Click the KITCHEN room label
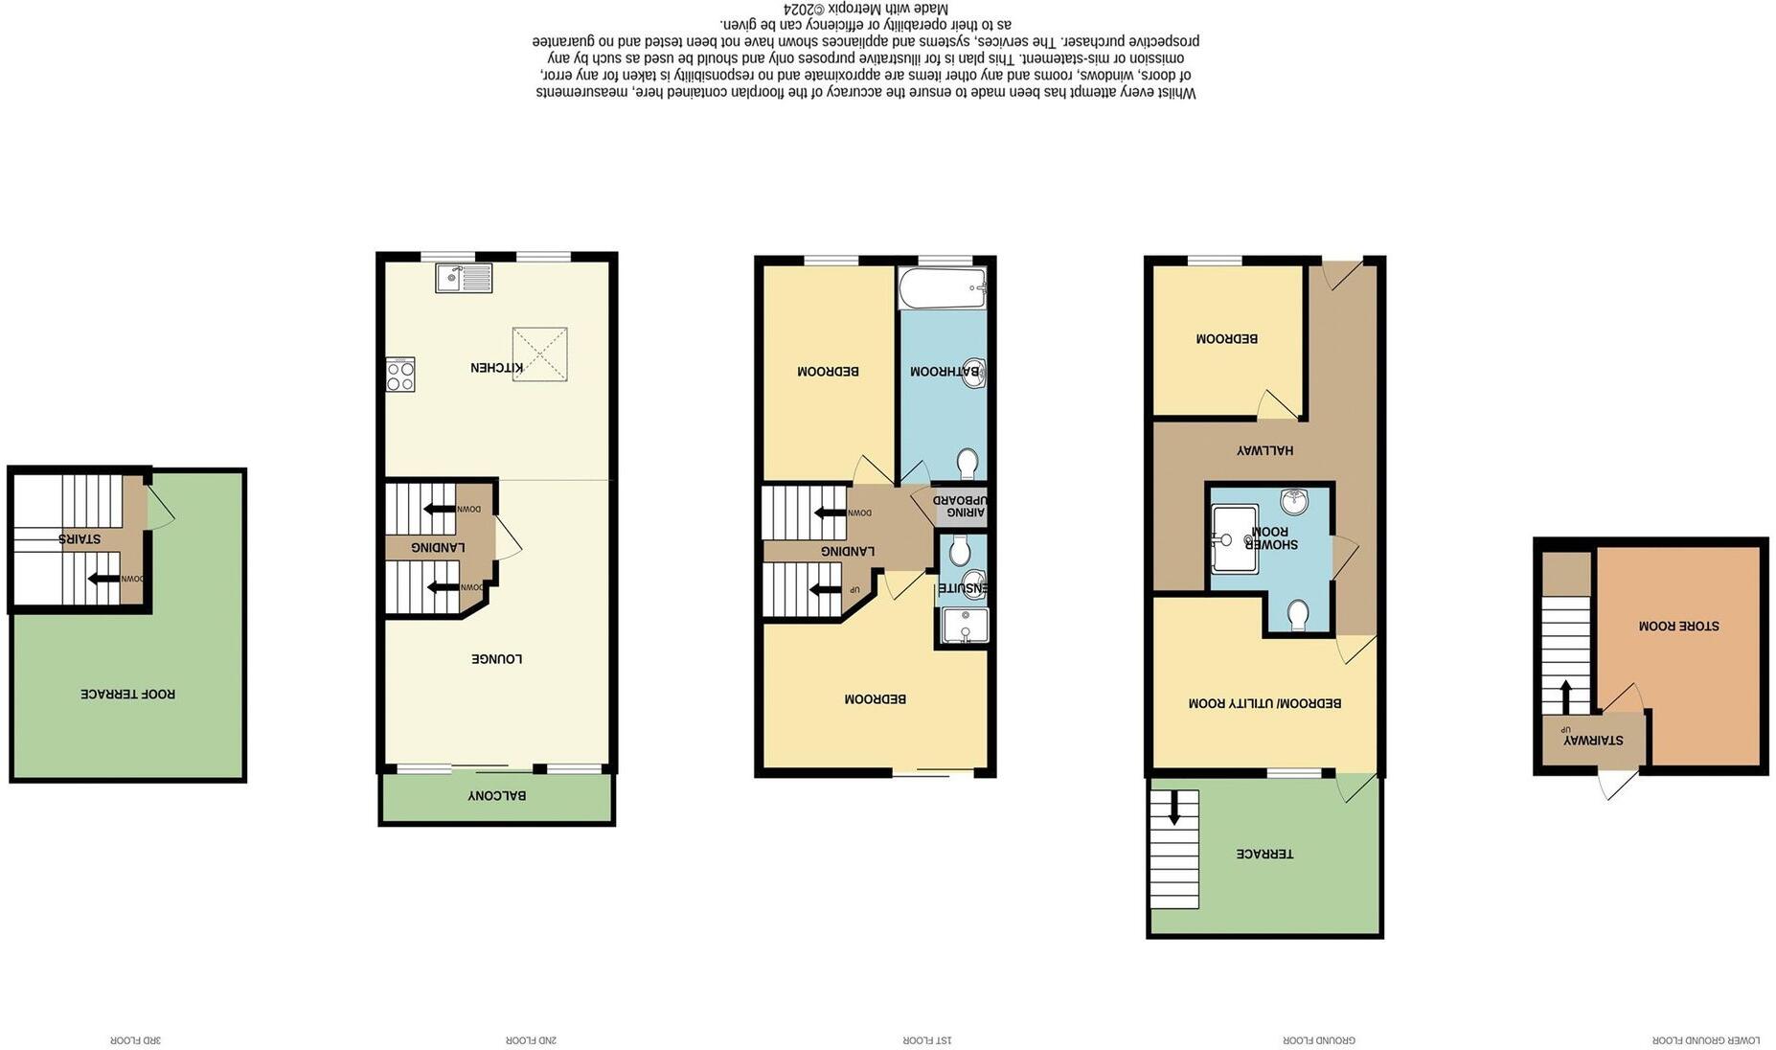[x=496, y=368]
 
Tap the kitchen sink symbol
[x=464, y=278]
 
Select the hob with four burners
[x=400, y=375]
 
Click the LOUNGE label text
[x=496, y=659]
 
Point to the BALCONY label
[x=496, y=796]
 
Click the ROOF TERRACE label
[x=127, y=694]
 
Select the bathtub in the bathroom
[x=943, y=287]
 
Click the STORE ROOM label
[x=1678, y=626]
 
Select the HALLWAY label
[x=1264, y=450]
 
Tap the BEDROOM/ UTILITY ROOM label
[x=1264, y=703]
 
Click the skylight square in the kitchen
[x=540, y=354]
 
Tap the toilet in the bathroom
[x=968, y=463]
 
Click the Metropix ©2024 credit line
[x=866, y=9]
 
